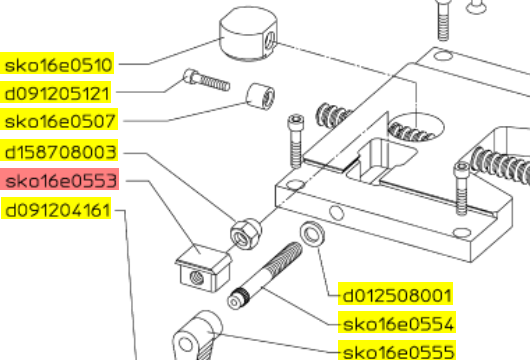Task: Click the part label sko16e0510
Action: click(x=57, y=63)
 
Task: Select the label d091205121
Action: click(x=56, y=92)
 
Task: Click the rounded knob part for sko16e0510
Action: click(x=248, y=34)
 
